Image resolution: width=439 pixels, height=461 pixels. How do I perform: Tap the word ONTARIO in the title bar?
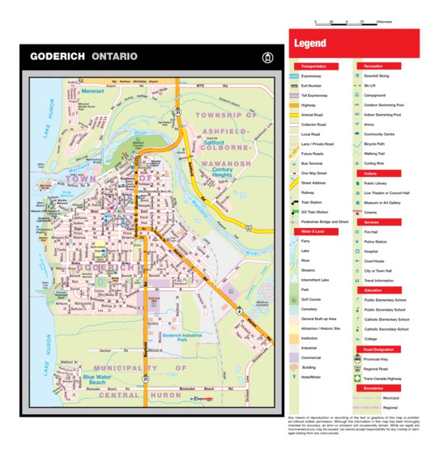pyautogui.click(x=115, y=57)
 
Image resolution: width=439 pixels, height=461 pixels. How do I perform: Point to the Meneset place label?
pyautogui.click(x=92, y=91)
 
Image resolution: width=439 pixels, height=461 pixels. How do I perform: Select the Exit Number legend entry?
pyautogui.click(x=313, y=85)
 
